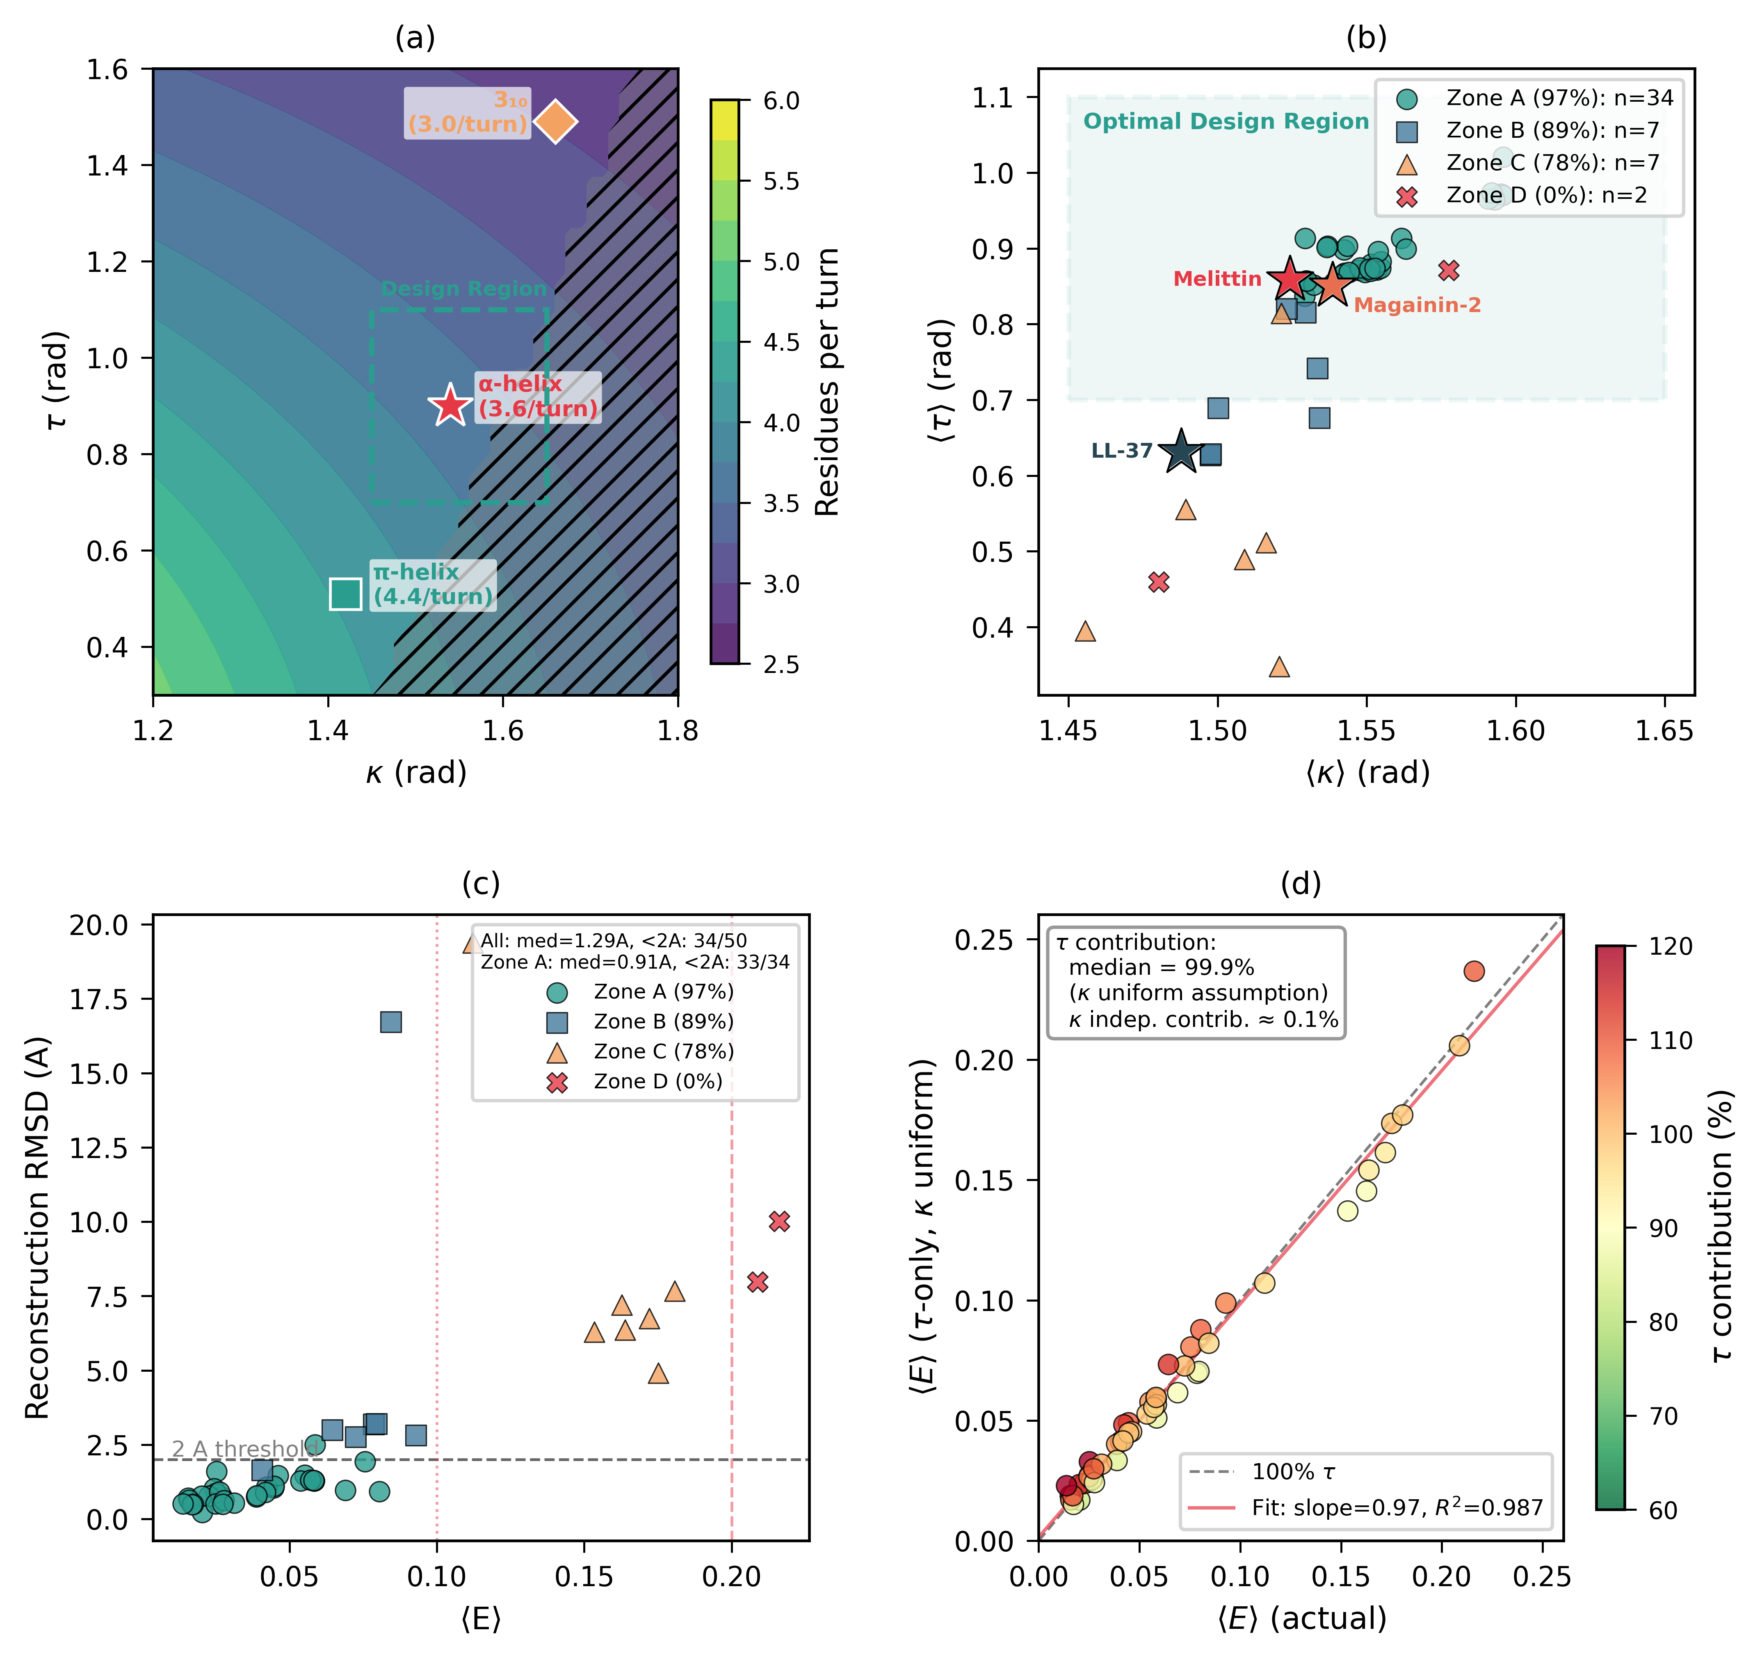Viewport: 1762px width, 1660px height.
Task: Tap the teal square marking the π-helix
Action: pos(345,594)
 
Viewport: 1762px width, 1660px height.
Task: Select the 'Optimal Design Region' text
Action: pos(1226,121)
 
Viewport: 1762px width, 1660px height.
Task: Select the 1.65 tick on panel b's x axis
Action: pos(1664,731)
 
